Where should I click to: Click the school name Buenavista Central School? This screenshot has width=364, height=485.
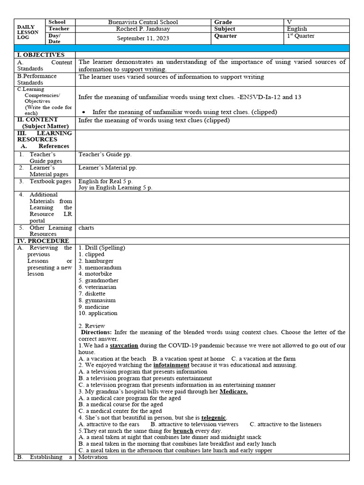click(x=143, y=22)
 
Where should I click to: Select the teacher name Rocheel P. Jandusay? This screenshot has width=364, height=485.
click(x=143, y=29)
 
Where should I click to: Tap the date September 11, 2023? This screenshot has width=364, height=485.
click(x=143, y=38)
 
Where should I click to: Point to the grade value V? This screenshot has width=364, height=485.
click(x=290, y=22)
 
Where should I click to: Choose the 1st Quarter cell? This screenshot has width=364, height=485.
click(x=300, y=36)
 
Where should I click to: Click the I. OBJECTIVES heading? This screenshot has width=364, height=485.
click(x=41, y=55)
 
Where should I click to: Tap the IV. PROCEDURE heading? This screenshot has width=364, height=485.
click(x=43, y=241)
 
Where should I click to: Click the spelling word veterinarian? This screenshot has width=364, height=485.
click(x=100, y=287)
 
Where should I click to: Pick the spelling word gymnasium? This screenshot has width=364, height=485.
click(x=100, y=300)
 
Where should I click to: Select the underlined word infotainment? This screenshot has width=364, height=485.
click(x=171, y=365)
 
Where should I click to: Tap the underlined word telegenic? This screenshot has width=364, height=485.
click(x=214, y=418)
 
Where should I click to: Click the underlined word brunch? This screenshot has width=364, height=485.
click(x=183, y=431)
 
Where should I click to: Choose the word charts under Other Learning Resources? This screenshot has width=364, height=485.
click(x=86, y=228)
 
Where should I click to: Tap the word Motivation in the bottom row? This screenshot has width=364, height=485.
click(x=93, y=457)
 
